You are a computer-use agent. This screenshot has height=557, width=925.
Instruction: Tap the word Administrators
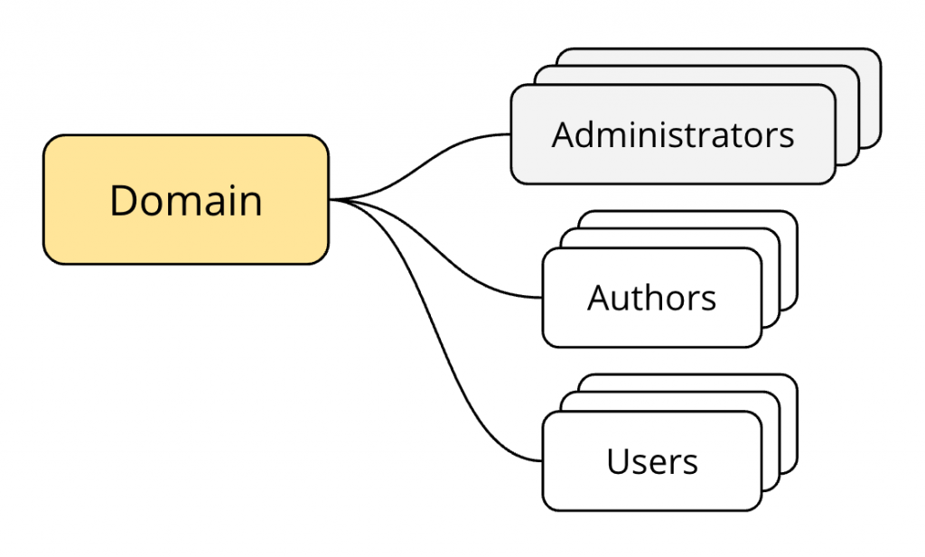tap(673, 135)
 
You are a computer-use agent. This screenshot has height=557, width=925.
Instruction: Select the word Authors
tap(652, 298)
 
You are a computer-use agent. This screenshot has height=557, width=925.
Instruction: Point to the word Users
tap(652, 462)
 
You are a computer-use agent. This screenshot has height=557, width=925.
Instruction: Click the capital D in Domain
tap(124, 200)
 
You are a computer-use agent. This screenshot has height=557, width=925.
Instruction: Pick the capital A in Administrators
tap(563, 135)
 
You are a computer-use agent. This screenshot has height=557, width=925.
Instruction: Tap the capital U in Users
tap(618, 462)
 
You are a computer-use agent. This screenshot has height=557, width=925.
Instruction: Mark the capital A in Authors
tap(599, 298)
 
